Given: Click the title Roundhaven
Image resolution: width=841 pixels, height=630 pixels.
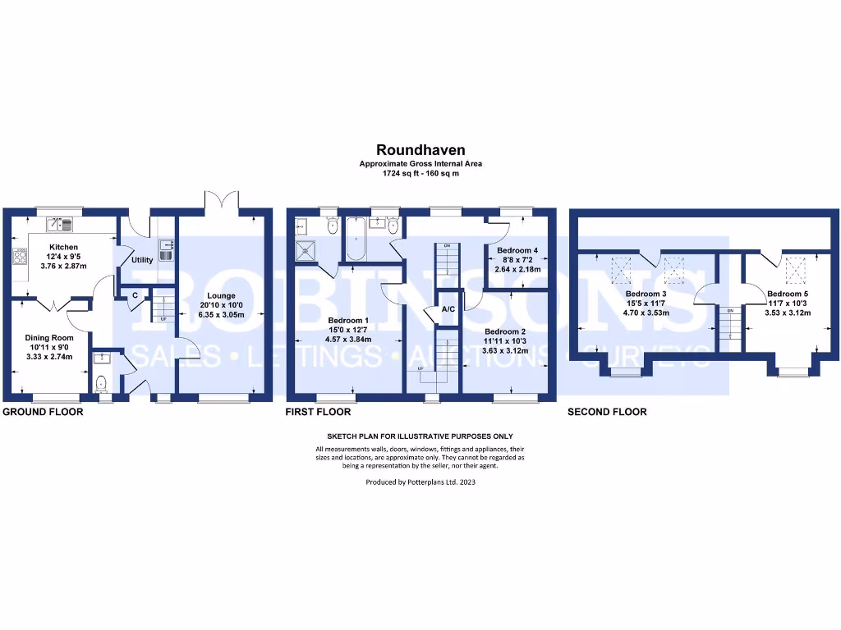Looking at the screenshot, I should (x=420, y=150).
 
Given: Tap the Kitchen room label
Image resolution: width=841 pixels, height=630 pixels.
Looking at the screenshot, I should (x=63, y=246).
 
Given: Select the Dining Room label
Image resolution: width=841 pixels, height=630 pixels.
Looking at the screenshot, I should (x=50, y=337).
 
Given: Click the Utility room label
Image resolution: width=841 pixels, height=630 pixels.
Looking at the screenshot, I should (x=142, y=259).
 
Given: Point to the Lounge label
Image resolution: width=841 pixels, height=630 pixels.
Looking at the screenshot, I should (x=221, y=295).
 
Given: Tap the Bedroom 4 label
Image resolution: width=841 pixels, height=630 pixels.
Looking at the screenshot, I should (x=518, y=249).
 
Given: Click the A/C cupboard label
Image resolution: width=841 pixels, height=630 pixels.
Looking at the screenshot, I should (x=448, y=309).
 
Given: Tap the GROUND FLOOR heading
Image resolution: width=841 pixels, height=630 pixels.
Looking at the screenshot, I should (x=43, y=412).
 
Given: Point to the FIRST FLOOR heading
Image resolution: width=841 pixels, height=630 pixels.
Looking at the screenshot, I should (x=318, y=412).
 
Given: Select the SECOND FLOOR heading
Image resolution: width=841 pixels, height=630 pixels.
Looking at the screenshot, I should (x=607, y=412).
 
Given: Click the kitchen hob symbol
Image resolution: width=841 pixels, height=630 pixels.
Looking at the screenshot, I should (x=18, y=257).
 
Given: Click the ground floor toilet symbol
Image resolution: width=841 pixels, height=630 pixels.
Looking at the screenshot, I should (x=100, y=383).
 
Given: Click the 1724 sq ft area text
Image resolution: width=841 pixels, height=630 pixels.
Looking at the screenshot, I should (x=420, y=173).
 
